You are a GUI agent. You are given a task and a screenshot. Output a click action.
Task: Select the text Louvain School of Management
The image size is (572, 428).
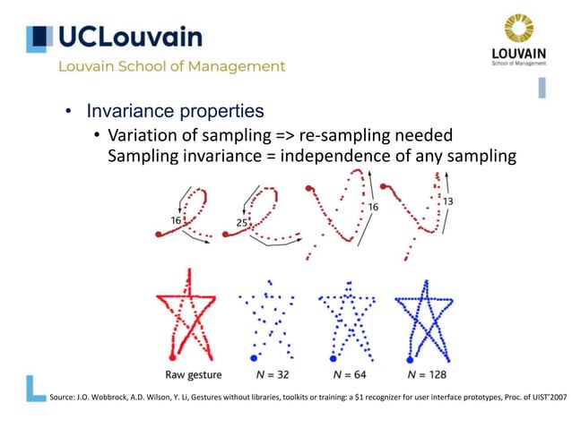[x=172, y=66]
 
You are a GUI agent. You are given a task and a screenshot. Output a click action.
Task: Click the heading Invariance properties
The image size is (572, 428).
[x=175, y=112]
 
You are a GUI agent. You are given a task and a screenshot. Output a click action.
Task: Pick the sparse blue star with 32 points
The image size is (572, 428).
[x=266, y=315]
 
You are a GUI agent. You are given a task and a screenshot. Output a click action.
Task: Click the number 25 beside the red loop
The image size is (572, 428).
[x=242, y=221]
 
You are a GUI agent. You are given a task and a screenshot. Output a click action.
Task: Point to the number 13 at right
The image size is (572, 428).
[x=447, y=201]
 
